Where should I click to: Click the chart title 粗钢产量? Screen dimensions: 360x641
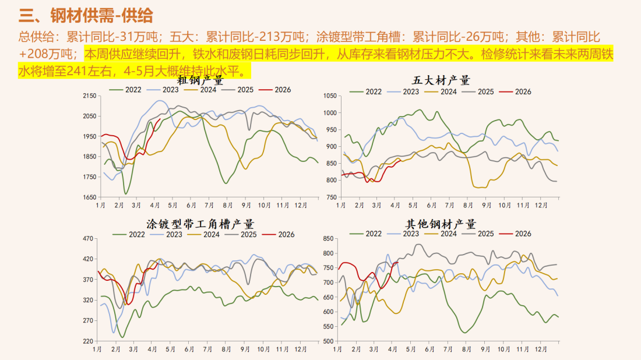pos(201,80)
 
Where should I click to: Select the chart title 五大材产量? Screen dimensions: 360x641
pos(441,80)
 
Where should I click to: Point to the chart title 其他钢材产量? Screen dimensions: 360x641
pos(441,224)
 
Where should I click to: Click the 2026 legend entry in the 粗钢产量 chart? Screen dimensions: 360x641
pos(275,90)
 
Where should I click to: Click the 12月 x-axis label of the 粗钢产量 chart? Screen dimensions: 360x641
pos(301,206)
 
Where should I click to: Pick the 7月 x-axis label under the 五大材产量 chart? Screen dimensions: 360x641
pos(449,206)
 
